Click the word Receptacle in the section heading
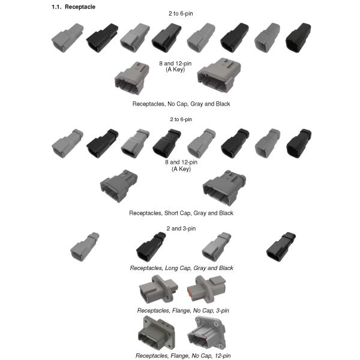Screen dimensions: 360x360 coord(80,7)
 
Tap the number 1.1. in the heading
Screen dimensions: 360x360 coord(56,7)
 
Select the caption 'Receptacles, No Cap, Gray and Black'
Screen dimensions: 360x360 coord(181,104)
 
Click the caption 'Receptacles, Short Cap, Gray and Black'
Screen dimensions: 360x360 coord(181,213)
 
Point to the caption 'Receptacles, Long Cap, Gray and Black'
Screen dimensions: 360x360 coord(181,268)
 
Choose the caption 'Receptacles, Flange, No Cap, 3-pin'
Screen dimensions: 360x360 coord(183,310)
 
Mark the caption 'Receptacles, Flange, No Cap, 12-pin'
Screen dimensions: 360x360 coord(183,356)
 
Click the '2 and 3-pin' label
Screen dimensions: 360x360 coord(181,229)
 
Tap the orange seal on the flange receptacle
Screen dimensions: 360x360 coord(190,294)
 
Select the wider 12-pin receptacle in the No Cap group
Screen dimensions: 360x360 coord(219,75)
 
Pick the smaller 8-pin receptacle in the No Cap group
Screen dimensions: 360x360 coord(132,78)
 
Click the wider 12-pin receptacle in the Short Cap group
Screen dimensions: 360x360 coord(224,188)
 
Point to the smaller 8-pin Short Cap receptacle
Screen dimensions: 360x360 coord(119,186)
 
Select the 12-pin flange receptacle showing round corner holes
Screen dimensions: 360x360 coord(206,332)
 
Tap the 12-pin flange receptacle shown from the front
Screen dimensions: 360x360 coord(157,332)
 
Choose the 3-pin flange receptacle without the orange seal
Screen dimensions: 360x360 coord(159,289)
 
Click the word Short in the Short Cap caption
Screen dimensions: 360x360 coord(171,213)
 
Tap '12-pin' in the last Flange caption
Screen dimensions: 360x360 coord(223,356)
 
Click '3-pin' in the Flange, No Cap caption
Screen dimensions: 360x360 coord(223,310)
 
